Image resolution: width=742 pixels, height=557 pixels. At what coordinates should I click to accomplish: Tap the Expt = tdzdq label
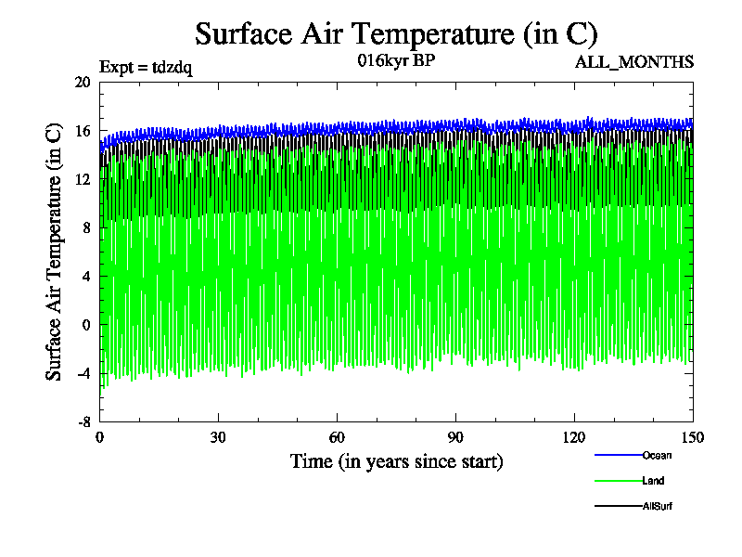click(146, 67)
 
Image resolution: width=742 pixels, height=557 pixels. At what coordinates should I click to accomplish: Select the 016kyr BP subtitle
click(396, 60)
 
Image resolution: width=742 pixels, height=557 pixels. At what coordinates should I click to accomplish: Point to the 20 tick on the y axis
click(83, 82)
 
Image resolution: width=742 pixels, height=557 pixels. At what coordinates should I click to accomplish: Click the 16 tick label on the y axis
click(83, 131)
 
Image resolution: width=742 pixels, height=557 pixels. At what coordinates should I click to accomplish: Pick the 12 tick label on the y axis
click(83, 179)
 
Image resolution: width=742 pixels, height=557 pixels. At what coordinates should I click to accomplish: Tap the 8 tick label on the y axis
click(86, 227)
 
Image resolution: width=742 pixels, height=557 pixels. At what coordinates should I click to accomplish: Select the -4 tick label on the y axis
click(84, 373)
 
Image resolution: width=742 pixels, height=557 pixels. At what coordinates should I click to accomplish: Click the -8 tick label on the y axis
click(84, 421)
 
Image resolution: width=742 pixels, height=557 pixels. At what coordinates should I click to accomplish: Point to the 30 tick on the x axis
click(218, 438)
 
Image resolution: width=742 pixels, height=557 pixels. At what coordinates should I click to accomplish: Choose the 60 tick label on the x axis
click(337, 438)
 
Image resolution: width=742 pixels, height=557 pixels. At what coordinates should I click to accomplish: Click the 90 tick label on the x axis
click(455, 438)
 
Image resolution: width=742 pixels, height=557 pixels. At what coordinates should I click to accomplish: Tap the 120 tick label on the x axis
click(574, 438)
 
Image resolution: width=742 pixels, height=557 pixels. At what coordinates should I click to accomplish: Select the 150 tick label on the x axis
click(693, 438)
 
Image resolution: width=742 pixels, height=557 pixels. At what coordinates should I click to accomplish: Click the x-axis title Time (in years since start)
click(396, 461)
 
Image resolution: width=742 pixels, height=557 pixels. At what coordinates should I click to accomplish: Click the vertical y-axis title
click(55, 252)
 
